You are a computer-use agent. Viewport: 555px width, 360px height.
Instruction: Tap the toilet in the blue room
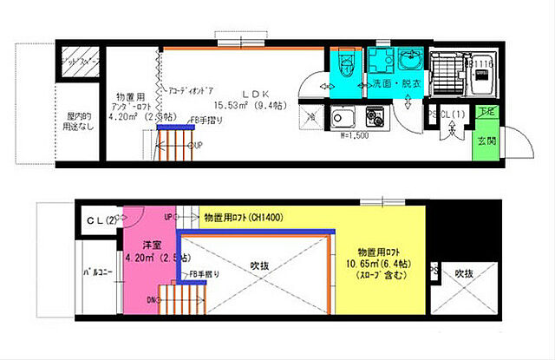tap(344, 64)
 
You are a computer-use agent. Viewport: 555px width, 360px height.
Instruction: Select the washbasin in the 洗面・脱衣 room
tap(407, 62)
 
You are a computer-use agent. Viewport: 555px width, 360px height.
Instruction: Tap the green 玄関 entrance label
tap(484, 142)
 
